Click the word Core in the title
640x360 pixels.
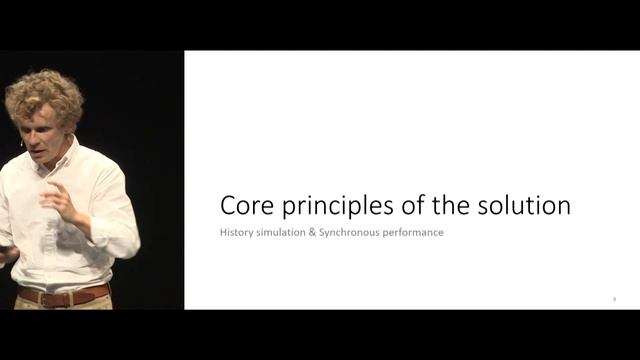245,207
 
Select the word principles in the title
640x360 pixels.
329,208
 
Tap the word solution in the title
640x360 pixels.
525,207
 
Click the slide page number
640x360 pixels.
614,298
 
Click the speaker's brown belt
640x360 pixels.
60,296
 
